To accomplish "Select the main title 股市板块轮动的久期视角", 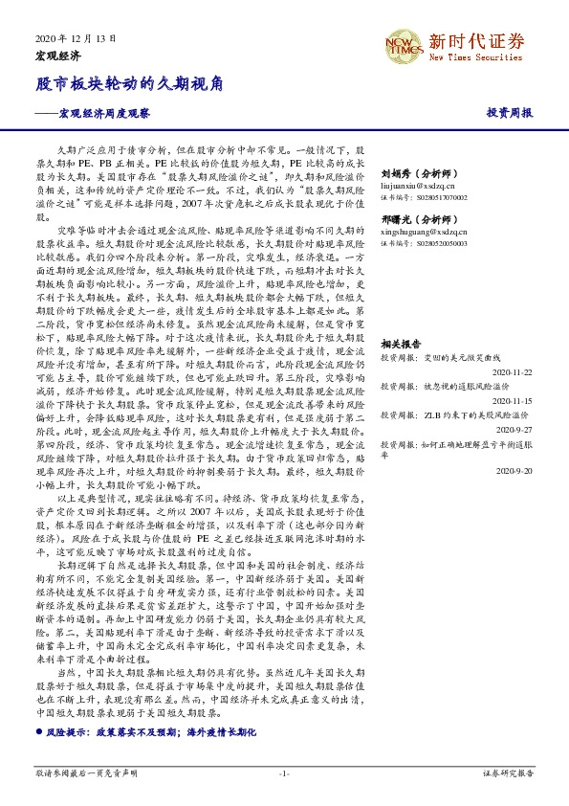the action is [x=130, y=83].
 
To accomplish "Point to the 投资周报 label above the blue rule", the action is [x=509, y=112].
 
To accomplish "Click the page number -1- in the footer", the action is [x=284, y=772].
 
